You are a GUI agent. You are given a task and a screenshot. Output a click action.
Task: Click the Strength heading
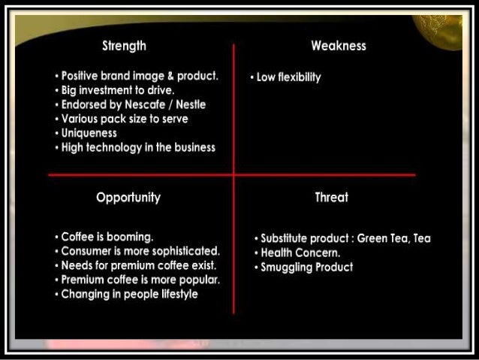point(124,46)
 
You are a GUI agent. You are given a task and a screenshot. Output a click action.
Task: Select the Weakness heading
point(338,46)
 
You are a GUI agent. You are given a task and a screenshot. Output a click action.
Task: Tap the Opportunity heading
point(128,198)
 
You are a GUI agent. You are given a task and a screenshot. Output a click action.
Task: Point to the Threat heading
point(331,198)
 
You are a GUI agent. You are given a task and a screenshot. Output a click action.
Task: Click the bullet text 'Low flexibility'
point(288,77)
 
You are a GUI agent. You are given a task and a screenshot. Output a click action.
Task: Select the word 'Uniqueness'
point(89,133)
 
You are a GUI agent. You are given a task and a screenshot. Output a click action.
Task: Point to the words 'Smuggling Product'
point(306,267)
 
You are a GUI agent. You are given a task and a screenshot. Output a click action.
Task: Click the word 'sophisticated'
point(182,251)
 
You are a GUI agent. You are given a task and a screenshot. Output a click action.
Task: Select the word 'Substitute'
point(286,238)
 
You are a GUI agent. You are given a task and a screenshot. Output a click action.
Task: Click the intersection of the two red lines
point(233,175)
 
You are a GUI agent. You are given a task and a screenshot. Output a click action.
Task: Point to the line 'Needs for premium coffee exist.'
point(139,265)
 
